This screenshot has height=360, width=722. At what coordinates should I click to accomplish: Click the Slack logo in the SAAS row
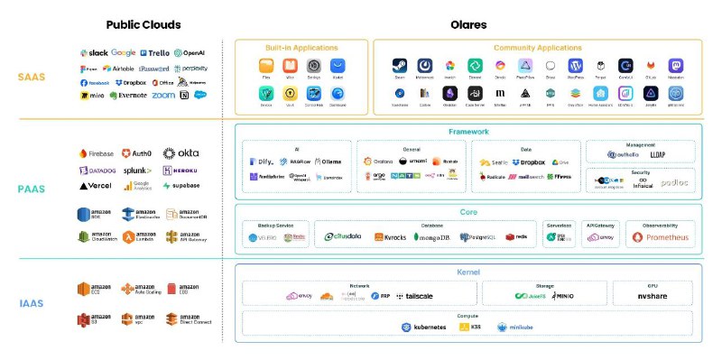click(x=94, y=53)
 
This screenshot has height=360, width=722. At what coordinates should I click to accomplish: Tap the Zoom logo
click(x=163, y=95)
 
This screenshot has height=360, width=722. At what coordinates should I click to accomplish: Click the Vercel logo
click(x=96, y=186)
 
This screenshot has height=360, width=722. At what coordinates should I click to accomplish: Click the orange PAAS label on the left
click(x=31, y=189)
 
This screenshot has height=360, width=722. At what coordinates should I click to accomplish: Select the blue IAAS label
click(x=31, y=304)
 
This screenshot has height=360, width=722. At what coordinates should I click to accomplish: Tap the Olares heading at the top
click(x=468, y=24)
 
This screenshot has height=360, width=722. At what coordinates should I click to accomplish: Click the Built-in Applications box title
click(x=301, y=47)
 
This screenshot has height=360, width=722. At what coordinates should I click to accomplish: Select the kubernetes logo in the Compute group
click(x=424, y=327)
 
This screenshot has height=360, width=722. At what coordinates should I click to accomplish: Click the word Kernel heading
click(x=468, y=272)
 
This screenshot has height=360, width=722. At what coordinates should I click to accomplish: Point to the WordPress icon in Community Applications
click(x=575, y=66)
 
